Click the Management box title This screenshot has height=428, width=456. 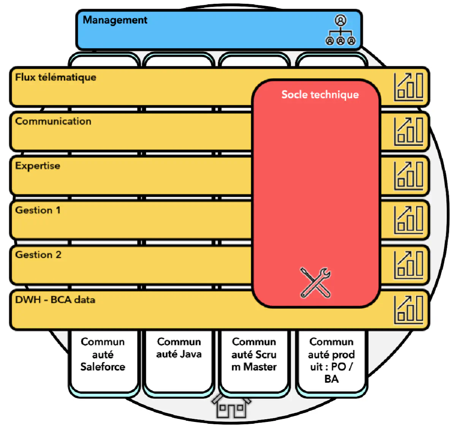(115, 20)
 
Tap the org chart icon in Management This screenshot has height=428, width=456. (340, 30)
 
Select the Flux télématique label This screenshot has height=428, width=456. (55, 78)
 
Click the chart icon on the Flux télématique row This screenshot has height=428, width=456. (408, 87)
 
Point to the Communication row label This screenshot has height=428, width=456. (53, 121)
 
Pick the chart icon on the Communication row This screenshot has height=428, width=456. (408, 132)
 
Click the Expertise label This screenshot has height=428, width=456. (38, 166)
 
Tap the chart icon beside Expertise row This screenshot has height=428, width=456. (408, 176)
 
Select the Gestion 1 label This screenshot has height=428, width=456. (38, 210)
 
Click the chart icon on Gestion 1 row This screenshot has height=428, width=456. (408, 220)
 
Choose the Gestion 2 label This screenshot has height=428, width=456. (38, 255)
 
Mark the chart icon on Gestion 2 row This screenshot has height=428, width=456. (408, 265)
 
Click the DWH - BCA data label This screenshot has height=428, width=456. (55, 300)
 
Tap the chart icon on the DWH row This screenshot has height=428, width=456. (408, 310)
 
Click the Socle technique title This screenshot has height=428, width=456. (320, 95)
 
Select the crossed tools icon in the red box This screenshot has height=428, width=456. (315, 283)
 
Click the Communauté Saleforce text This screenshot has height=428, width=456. (103, 354)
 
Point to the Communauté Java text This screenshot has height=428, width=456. (179, 348)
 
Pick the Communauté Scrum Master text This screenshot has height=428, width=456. (254, 354)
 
